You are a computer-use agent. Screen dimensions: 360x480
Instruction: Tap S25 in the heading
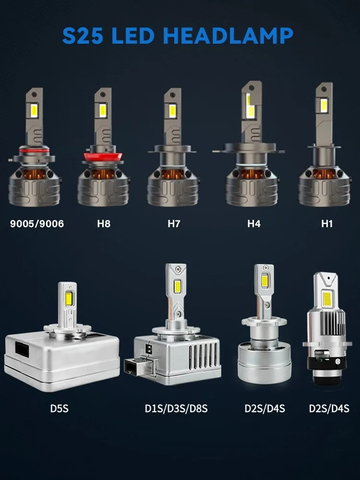point(83,36)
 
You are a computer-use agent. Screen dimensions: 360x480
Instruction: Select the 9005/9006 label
point(37,224)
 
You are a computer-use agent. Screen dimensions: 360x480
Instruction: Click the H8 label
point(104,224)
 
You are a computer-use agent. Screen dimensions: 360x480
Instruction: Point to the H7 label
point(174,224)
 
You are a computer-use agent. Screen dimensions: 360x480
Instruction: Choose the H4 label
point(254,224)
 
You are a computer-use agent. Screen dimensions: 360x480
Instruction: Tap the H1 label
point(326,224)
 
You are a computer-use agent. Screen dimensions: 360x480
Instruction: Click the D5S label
point(60,408)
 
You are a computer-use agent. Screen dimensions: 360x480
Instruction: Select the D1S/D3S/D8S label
point(176,408)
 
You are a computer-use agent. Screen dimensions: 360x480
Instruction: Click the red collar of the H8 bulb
point(103,156)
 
